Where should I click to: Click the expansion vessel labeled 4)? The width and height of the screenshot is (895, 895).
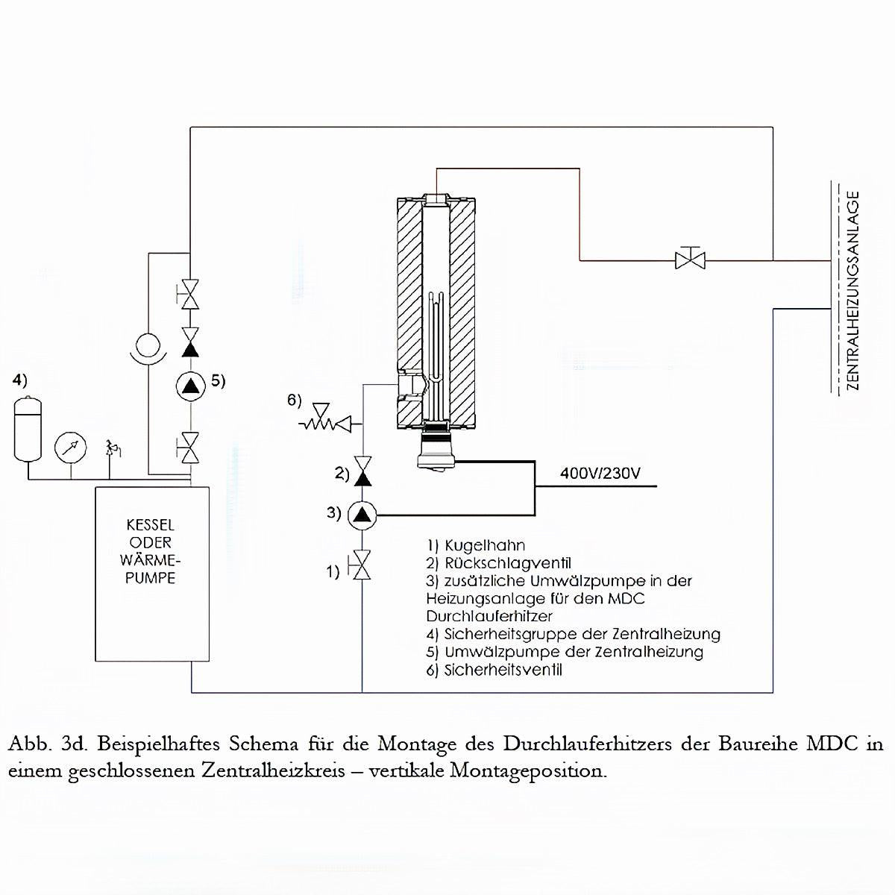pos(29,430)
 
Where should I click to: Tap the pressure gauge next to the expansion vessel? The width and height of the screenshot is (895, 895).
pos(69,447)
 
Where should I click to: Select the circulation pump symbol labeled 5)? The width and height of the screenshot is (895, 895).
pos(192,385)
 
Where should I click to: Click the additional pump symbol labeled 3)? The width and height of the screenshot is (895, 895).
pos(362,513)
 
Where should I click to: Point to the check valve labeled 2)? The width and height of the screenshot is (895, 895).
pos(362,473)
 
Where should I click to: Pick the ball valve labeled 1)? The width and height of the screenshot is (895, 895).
pos(362,565)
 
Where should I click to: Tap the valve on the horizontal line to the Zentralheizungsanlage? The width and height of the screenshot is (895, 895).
pos(690,260)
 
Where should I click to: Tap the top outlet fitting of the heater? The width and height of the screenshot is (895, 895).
pos(436,199)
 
